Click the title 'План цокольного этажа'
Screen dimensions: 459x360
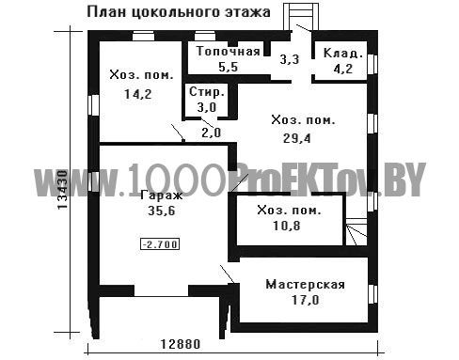tap(179, 12)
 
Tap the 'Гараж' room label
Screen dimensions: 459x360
tap(162, 196)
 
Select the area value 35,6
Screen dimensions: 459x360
tap(162, 211)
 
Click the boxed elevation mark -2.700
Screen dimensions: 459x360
tap(161, 244)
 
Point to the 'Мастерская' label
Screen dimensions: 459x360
tap(305, 285)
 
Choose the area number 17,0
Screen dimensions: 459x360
tap(306, 300)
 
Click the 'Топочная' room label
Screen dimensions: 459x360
tap(229, 52)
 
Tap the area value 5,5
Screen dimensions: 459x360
tap(229, 67)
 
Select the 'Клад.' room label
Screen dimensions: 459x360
tap(343, 53)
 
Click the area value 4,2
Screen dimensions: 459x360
tap(343, 69)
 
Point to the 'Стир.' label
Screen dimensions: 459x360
tap(207, 92)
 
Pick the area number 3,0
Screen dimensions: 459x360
tap(207, 107)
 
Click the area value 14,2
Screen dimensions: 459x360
tap(138, 94)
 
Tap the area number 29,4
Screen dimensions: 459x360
tap(297, 138)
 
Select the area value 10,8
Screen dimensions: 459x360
tap(287, 226)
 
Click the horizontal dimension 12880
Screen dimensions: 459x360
tap(181, 344)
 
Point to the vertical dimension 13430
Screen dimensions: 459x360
tap(63, 190)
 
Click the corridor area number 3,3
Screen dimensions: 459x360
tap(290, 59)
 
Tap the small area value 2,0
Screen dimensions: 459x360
tap(212, 133)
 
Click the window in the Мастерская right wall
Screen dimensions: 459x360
tap(372, 294)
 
